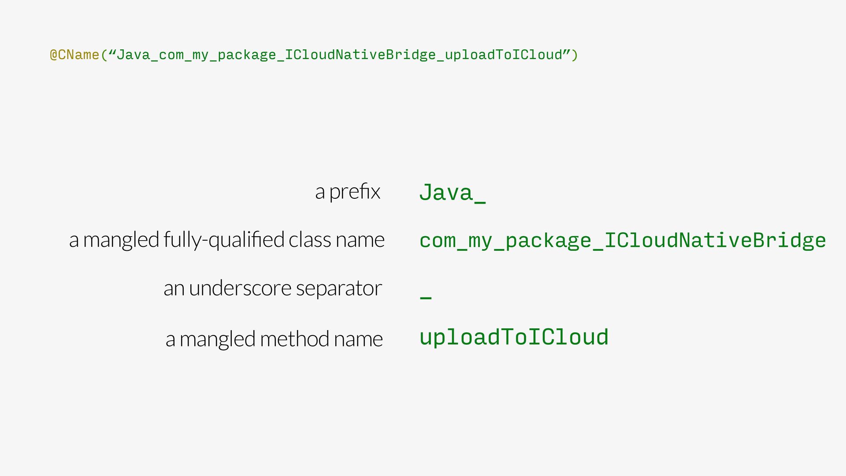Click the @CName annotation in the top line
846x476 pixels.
pyautogui.click(x=74, y=55)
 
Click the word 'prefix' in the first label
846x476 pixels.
pyautogui.click(x=354, y=192)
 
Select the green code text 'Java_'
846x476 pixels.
pyautogui.click(x=452, y=193)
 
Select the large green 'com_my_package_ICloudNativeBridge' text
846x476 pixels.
pyautogui.click(x=622, y=241)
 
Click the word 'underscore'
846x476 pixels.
pyautogui.click(x=240, y=288)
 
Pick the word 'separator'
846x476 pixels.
pyautogui.click(x=339, y=289)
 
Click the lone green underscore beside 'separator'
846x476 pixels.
pyautogui.click(x=426, y=298)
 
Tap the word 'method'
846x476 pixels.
pyautogui.click(x=294, y=339)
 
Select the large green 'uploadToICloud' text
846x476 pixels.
pyautogui.click(x=514, y=338)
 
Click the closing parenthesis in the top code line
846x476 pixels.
pyautogui.click(x=574, y=55)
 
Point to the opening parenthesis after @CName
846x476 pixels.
pyautogui.click(x=104, y=55)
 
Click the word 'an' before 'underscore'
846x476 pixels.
pyautogui.click(x=174, y=289)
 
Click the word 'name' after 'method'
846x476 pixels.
pyautogui.click(x=358, y=339)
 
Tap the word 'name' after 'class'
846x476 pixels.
pyautogui.click(x=360, y=240)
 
